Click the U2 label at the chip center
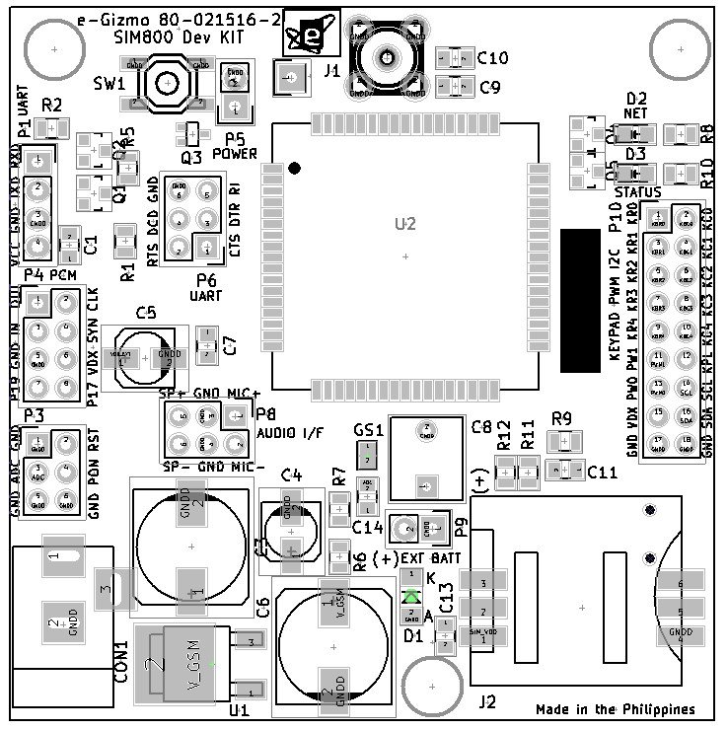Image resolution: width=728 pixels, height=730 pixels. pos(405,225)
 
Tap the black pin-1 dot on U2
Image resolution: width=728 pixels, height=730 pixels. pos(294,170)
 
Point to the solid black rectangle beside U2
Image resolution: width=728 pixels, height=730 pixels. pos(580,301)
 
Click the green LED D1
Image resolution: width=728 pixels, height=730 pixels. pos(413,597)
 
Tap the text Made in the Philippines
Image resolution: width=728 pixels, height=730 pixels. pos(615,709)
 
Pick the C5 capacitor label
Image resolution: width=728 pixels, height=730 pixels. pos(146,314)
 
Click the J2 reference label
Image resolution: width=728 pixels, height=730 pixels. pos(486,701)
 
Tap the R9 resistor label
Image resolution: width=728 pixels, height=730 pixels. pos(562,418)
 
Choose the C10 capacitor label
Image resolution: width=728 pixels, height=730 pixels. pos(492,58)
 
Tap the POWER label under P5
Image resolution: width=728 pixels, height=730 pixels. pos(235,154)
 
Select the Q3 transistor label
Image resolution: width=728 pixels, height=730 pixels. pos(191,156)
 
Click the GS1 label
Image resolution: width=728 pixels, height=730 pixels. pos(367,430)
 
